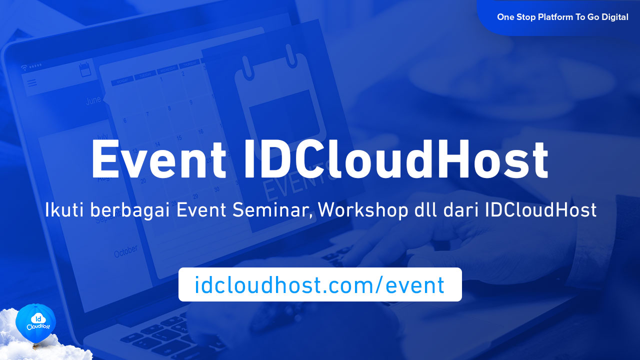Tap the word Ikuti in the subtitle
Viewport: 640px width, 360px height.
(x=64, y=210)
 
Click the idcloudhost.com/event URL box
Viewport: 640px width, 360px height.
(x=320, y=284)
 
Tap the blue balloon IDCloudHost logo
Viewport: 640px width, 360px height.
(x=35, y=322)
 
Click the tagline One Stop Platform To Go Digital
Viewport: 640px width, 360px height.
(x=562, y=17)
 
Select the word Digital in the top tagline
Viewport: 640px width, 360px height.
(x=613, y=17)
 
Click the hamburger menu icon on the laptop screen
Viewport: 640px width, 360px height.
(x=32, y=83)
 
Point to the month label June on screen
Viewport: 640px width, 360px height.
(x=93, y=100)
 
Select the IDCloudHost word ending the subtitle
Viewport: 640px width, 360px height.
(x=540, y=210)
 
